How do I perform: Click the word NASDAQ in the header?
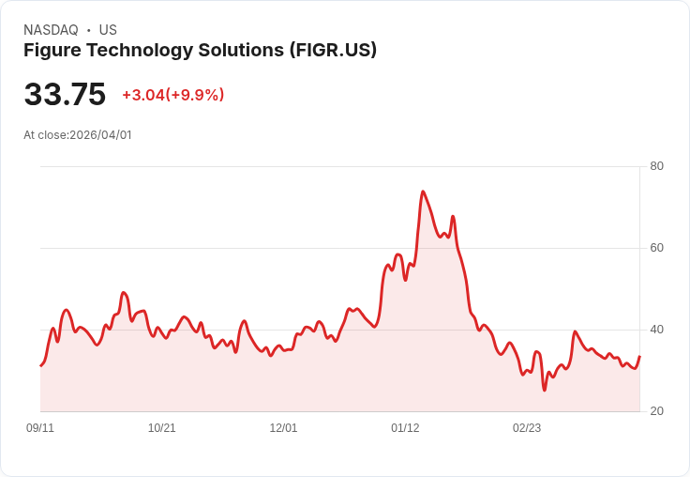pyautogui.click(x=51, y=30)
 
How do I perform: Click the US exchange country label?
pyautogui.click(x=108, y=30)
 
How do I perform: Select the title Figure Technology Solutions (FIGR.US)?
pyautogui.click(x=200, y=51)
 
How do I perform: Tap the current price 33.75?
pyautogui.click(x=65, y=95)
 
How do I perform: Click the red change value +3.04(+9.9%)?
pyautogui.click(x=173, y=95)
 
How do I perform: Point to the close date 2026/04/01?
pyautogui.click(x=100, y=135)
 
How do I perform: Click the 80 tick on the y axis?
pyautogui.click(x=656, y=166)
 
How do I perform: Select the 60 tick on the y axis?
pyautogui.click(x=656, y=248)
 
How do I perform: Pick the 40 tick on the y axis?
pyautogui.click(x=656, y=330)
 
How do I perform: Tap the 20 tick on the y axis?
pyautogui.click(x=656, y=411)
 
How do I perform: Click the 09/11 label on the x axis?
pyautogui.click(x=40, y=428)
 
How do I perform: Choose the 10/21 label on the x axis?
pyautogui.click(x=161, y=428)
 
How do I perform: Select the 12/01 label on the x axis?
pyautogui.click(x=283, y=428)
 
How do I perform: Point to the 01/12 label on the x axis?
pyautogui.click(x=405, y=428)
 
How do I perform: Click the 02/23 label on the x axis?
pyautogui.click(x=527, y=428)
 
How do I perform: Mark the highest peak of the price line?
pyautogui.click(x=423, y=192)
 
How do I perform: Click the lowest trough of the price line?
pyautogui.click(x=544, y=390)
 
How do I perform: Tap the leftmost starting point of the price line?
pyautogui.click(x=40, y=365)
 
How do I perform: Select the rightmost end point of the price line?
pyautogui.click(x=639, y=356)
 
